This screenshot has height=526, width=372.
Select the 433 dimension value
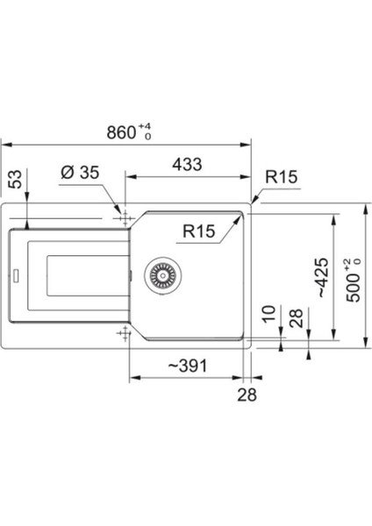(x=187, y=165)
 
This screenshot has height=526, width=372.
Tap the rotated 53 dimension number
(x=15, y=179)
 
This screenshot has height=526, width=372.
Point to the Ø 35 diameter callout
(x=80, y=173)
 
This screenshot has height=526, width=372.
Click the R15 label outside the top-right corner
(x=281, y=177)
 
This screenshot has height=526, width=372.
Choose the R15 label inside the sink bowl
(x=199, y=231)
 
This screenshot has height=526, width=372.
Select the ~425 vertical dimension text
(x=322, y=278)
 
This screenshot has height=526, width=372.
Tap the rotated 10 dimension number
(x=269, y=315)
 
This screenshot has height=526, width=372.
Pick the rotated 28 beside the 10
(x=297, y=318)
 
